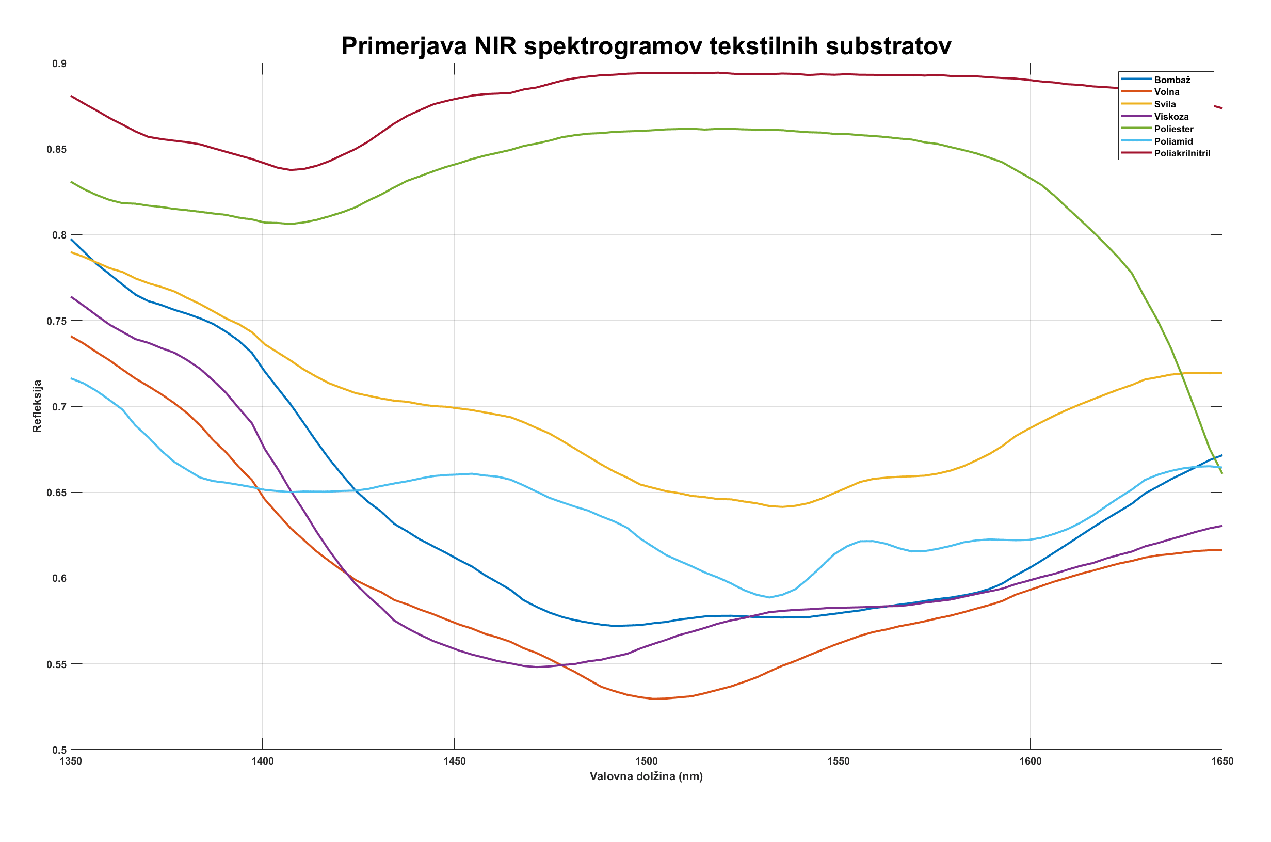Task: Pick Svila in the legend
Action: (x=1165, y=104)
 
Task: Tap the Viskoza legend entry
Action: (x=1171, y=117)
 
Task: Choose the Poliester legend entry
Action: (x=1173, y=129)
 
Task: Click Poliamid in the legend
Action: (x=1173, y=141)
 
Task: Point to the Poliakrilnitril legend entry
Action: (x=1182, y=153)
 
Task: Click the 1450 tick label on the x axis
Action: (x=454, y=761)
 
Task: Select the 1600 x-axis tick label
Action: (x=1030, y=761)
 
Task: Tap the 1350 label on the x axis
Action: (x=71, y=761)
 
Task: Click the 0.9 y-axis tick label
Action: (x=59, y=64)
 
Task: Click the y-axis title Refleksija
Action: (x=37, y=406)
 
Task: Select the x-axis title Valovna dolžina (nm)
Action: (x=646, y=776)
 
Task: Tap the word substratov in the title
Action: (x=888, y=46)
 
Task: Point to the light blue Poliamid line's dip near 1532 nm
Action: (x=769, y=597)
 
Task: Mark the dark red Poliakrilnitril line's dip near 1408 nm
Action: (x=291, y=170)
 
